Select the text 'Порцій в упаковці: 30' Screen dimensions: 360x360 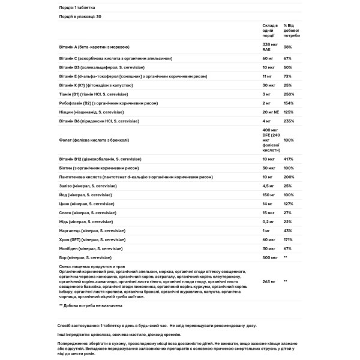79,17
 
